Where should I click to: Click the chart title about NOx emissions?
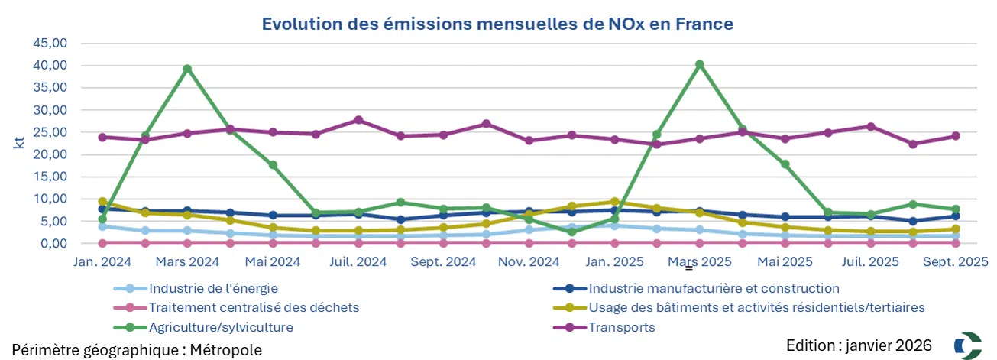497,24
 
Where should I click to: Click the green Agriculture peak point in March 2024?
187,69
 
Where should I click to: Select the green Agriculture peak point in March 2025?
699,64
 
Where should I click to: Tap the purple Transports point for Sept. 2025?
955,136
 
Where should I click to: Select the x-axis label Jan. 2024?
103,261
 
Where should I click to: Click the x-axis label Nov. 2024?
528,261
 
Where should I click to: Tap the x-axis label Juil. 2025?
870,261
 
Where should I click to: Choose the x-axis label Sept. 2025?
955,261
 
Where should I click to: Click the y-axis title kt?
19,143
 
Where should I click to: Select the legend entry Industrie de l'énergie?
213,289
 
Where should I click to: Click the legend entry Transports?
621,327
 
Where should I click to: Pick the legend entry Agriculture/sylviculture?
221,327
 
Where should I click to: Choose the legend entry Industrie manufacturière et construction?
714,289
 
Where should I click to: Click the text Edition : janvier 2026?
859,345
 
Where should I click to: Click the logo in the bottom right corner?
969,345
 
